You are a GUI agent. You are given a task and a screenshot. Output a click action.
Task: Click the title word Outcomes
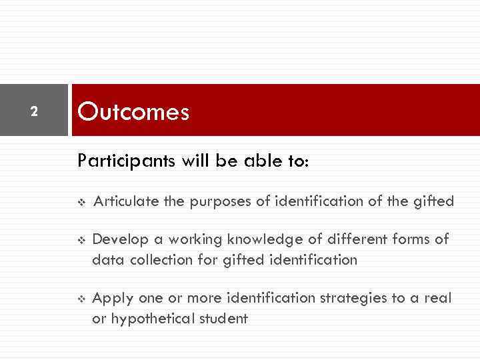(x=133, y=111)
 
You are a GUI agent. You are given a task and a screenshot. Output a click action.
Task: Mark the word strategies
(x=357, y=298)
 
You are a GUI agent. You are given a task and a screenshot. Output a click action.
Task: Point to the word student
(x=224, y=319)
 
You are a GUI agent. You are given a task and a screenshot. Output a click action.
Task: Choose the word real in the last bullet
(x=438, y=298)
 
